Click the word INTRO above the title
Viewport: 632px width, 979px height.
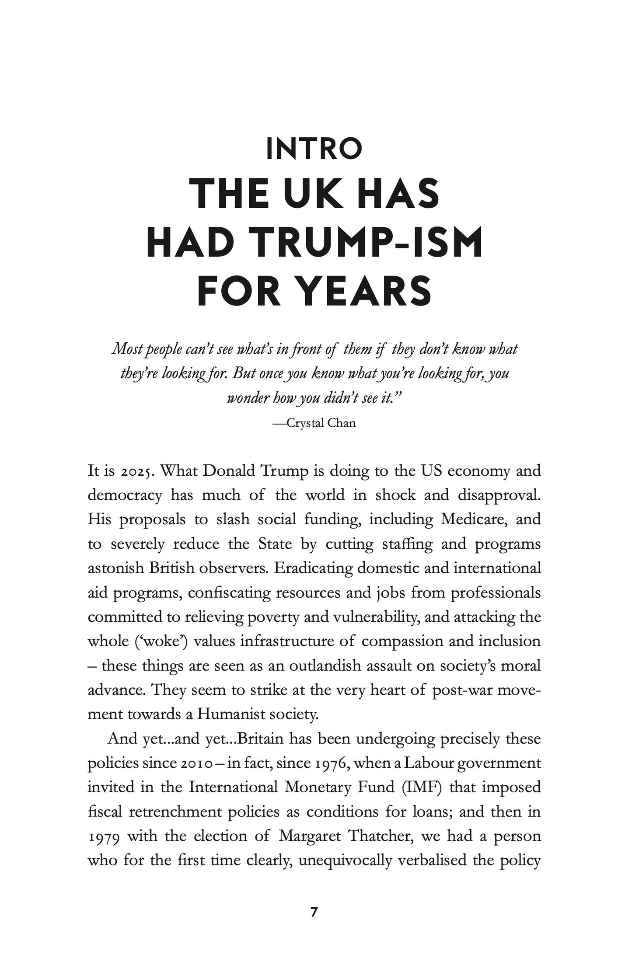tap(314, 149)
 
